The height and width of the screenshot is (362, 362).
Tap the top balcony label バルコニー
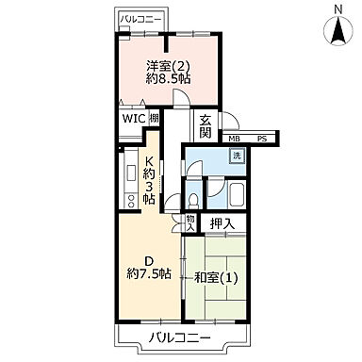point(142,19)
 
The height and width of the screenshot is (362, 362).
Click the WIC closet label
point(131,119)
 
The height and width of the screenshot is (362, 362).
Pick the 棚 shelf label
point(154,119)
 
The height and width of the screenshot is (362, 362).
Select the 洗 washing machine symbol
point(238,156)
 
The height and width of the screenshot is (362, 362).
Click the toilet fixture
point(193,199)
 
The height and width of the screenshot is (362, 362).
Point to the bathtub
point(238,195)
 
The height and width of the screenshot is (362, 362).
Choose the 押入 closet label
point(222,223)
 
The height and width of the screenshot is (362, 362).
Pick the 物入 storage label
point(190,222)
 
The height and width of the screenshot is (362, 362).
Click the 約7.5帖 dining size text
point(149,274)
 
